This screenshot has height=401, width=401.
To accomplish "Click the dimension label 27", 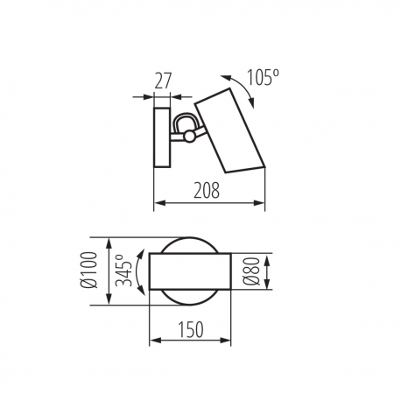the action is pos(162,81).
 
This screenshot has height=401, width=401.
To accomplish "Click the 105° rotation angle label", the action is pos(263,77).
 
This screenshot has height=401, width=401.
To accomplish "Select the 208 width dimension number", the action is pos(207,190).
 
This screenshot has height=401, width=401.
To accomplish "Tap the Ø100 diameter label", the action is pos(88,270).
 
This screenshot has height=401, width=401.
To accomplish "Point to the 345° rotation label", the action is pos(123,270).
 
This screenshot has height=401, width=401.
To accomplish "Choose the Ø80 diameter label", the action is pos(251,271).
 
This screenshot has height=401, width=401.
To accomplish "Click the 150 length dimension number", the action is pos(191,330).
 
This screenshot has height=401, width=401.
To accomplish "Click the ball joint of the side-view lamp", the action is pos(189,137).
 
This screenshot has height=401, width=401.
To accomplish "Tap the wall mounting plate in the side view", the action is pos(162,137).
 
